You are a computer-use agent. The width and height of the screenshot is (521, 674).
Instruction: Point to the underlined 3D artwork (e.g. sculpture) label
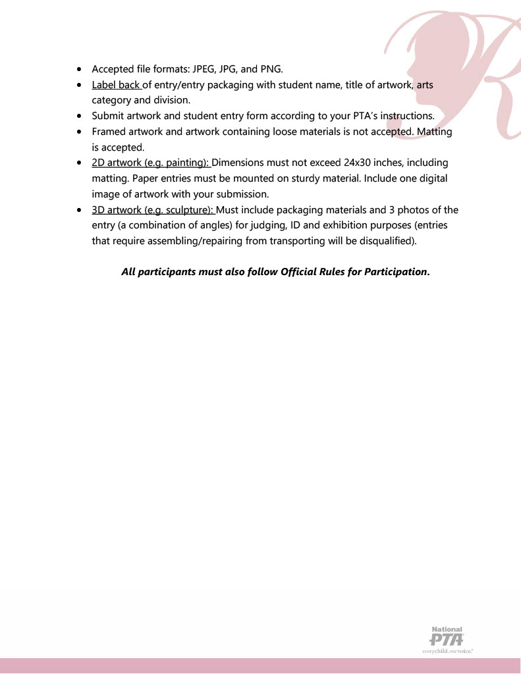[x=153, y=210]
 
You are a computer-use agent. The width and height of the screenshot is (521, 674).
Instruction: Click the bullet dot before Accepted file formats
[x=80, y=68]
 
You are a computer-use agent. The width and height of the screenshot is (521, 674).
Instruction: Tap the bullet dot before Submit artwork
[x=80, y=116]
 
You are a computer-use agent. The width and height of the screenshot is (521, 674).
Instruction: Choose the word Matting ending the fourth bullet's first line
[x=435, y=132]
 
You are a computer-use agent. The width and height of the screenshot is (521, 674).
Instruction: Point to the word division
[x=172, y=100]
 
